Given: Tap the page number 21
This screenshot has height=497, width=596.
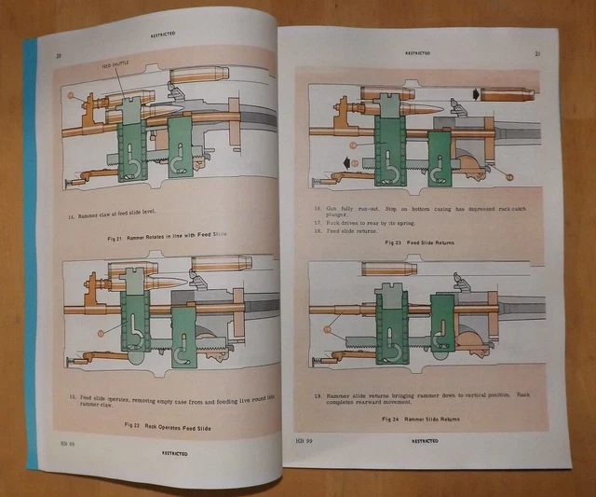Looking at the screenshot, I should (x=536, y=54).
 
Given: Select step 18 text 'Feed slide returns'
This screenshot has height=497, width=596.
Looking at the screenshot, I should (x=348, y=232).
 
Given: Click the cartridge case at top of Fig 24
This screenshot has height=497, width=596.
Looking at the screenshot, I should (x=389, y=269).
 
